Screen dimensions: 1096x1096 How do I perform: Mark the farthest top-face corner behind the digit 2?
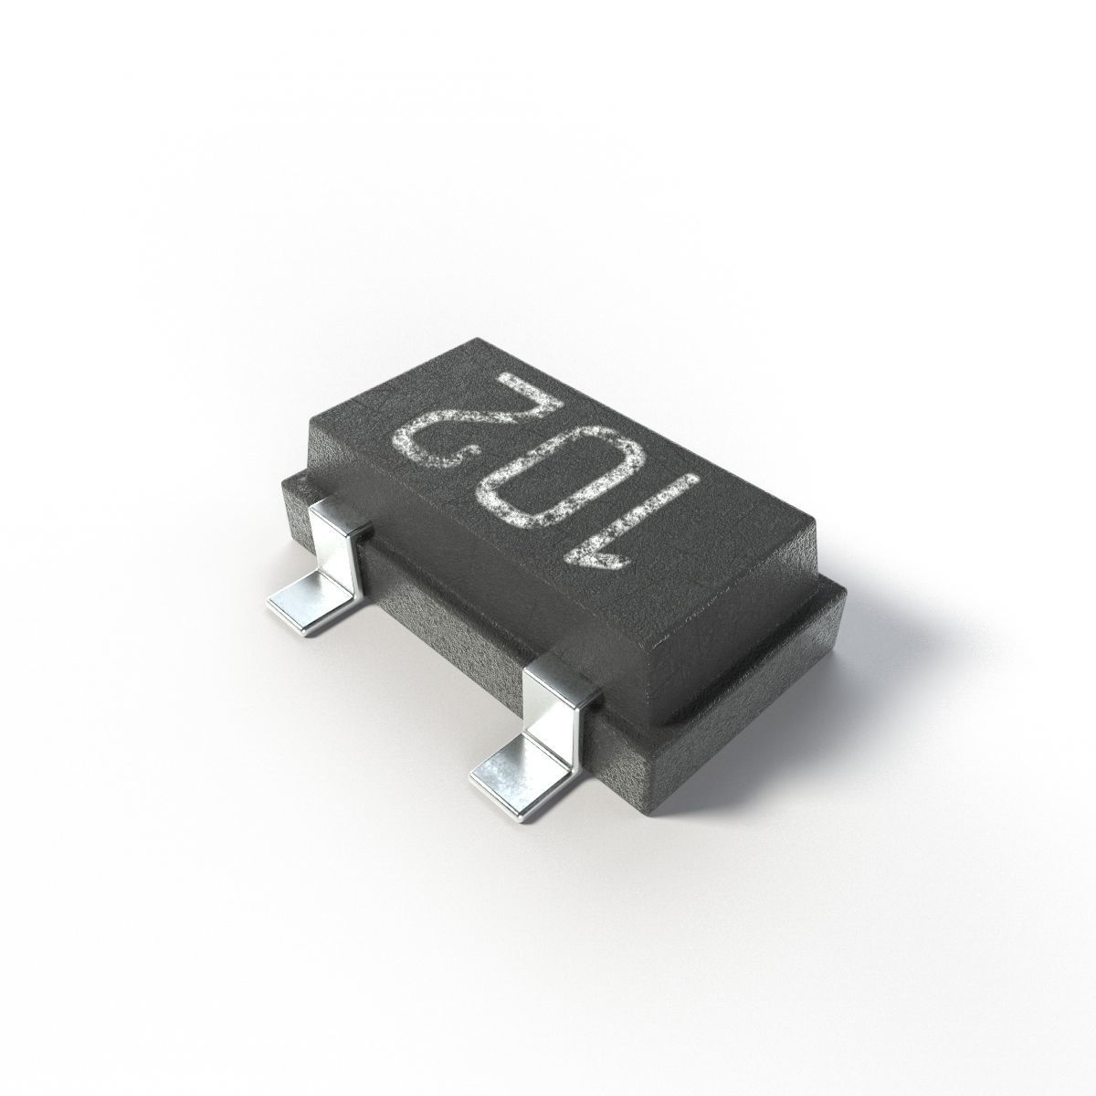pos(475,341)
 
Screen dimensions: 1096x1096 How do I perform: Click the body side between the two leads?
pos(448,621)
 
